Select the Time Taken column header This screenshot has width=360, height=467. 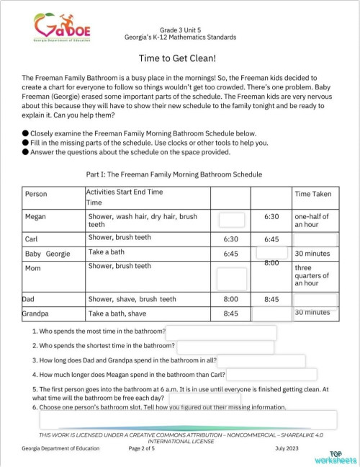[x=313, y=194]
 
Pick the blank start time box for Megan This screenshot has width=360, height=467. [x=231, y=221]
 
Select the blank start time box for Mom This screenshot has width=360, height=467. [x=231, y=278]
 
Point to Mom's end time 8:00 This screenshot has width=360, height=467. [x=271, y=264]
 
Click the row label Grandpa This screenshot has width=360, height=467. [x=35, y=314]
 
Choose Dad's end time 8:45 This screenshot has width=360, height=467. [x=271, y=299]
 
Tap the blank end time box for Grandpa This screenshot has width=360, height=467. [x=271, y=313]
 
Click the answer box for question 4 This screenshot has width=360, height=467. [x=271, y=375]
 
